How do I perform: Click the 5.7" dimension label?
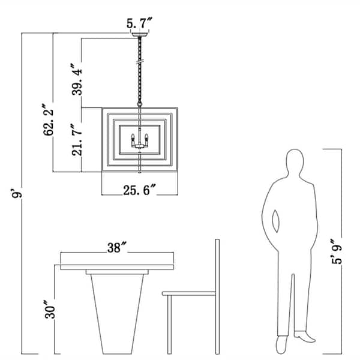coord(139,23)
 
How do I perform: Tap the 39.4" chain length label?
coord(77,79)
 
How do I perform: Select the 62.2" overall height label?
coord(48,120)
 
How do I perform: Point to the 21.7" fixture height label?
coord(77,140)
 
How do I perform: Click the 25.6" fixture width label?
coord(140,190)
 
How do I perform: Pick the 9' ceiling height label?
coord(17,193)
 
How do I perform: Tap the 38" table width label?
coord(117,247)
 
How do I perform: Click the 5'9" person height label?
coord(337,251)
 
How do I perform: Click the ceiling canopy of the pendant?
coord(140,35)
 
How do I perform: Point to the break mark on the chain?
coord(140,62)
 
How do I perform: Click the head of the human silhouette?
coord(295,161)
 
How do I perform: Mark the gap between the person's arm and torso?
coord(276,221)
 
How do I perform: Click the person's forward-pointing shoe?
coord(305,337)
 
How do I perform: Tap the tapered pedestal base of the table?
coord(117,314)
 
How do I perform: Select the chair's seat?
coord(189,293)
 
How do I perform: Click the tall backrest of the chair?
coord(217,296)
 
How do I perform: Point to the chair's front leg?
coord(169,325)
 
